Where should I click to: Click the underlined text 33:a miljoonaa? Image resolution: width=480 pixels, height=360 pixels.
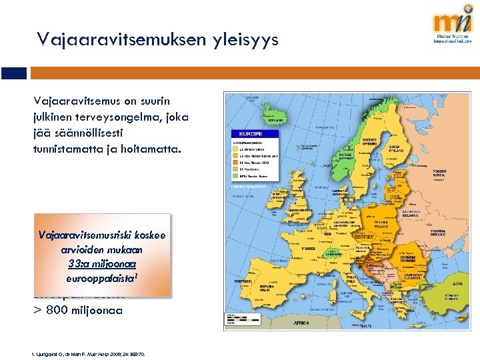[102, 263]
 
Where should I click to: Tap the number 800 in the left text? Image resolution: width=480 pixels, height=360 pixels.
[61, 309]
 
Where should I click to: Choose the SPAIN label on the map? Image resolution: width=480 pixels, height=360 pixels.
[265, 289]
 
